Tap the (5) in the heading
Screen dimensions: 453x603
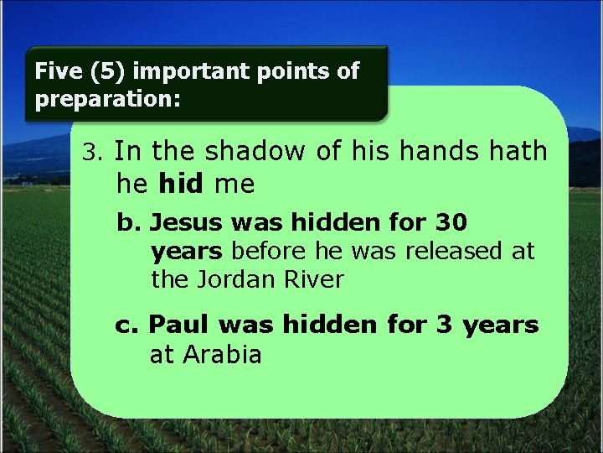(100, 71)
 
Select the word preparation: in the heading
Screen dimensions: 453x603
(107, 100)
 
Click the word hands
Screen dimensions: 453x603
(434, 152)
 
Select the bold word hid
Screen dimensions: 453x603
(180, 184)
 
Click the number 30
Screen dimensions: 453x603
(451, 223)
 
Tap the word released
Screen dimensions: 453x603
(448, 251)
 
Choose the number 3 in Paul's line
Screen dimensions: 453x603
(445, 325)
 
